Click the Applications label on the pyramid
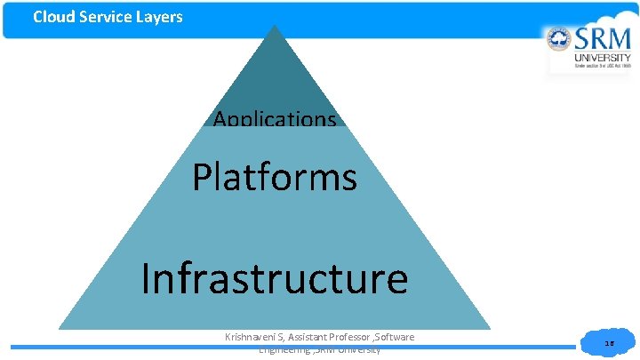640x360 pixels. pyautogui.click(x=275, y=118)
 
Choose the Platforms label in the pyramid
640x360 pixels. pyautogui.click(x=275, y=177)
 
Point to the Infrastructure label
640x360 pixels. pyautogui.click(x=275, y=278)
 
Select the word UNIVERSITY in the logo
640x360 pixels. pyautogui.click(x=602, y=57)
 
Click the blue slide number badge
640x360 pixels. pyautogui.click(x=609, y=342)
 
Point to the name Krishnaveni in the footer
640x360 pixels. pyautogui.click(x=253, y=336)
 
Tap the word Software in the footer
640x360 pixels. pyautogui.click(x=396, y=336)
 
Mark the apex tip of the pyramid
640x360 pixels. pyautogui.click(x=275, y=27)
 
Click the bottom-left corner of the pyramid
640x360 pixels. pyautogui.click(x=60, y=329)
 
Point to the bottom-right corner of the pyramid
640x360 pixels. pyautogui.click(x=489, y=329)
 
